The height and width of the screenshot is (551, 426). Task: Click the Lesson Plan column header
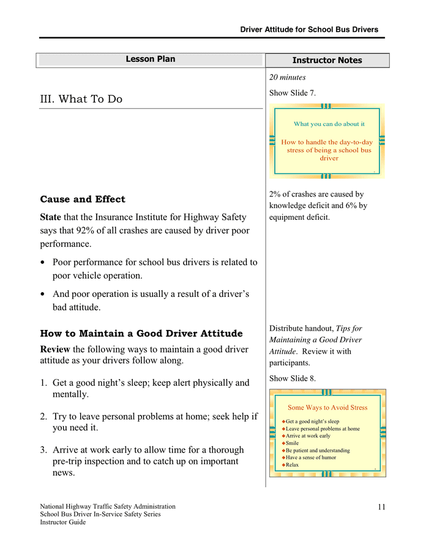click(151, 59)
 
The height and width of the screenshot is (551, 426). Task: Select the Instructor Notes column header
click(327, 61)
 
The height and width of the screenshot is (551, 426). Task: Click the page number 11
click(382, 507)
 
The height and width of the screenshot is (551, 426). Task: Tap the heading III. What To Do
click(81, 99)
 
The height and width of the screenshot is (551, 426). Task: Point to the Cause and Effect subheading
click(83, 200)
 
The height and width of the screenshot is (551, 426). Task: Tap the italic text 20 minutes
click(288, 77)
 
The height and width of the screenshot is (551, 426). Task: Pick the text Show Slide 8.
click(293, 379)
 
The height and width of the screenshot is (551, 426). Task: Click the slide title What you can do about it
click(329, 124)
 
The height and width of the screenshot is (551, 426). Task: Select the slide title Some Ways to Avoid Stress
click(327, 408)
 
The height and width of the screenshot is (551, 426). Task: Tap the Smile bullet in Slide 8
click(293, 443)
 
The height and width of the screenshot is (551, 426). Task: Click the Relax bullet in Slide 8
click(293, 465)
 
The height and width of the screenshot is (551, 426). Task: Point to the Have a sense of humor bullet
click(311, 458)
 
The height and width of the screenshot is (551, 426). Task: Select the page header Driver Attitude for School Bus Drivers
click(309, 29)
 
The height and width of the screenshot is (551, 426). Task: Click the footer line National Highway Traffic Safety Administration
click(108, 507)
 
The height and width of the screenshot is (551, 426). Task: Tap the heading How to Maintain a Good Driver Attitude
click(141, 334)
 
